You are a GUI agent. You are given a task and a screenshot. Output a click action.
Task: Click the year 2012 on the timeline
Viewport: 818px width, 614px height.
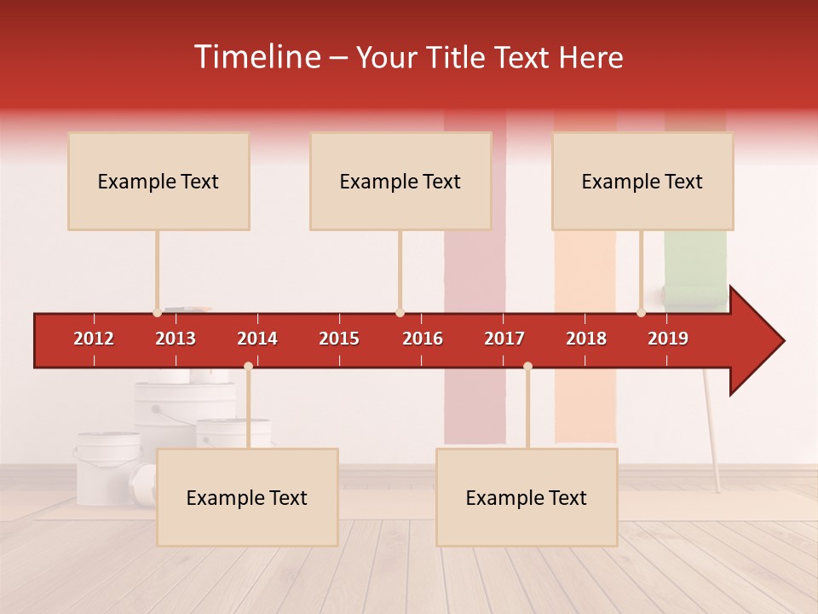pyautogui.click(x=94, y=339)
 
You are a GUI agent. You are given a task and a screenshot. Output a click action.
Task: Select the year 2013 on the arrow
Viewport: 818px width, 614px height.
pyautogui.click(x=176, y=339)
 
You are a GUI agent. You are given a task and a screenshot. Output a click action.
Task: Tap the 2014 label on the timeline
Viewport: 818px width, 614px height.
pyautogui.click(x=257, y=339)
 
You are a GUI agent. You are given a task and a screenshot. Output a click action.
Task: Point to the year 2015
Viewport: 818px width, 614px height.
pyautogui.click(x=339, y=339)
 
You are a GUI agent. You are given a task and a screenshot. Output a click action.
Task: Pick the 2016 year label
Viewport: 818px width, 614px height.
pyautogui.click(x=423, y=339)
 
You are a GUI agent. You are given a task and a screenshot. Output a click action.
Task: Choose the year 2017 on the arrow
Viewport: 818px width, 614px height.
pyautogui.click(x=504, y=339)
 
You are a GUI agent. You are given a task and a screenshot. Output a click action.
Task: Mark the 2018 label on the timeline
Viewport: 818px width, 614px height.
pyautogui.click(x=586, y=339)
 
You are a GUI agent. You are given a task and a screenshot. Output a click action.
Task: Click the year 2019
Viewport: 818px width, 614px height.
pyautogui.click(x=668, y=339)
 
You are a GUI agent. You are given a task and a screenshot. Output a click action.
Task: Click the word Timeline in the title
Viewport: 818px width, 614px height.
pyautogui.click(x=256, y=57)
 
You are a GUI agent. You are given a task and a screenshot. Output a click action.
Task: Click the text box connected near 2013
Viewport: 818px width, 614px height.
pyautogui.click(x=158, y=181)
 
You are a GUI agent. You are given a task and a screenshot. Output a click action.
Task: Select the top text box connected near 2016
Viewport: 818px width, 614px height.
pyautogui.click(x=400, y=181)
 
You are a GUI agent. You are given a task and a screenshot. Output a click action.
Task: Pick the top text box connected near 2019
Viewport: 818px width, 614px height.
pyautogui.click(x=642, y=181)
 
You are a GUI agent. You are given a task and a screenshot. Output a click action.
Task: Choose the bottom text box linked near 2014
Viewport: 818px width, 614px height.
pyautogui.click(x=247, y=497)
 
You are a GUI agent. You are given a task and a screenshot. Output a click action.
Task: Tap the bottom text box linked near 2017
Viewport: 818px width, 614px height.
pyautogui.click(x=527, y=497)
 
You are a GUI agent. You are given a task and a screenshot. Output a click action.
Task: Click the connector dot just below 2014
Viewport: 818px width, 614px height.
pyautogui.click(x=248, y=367)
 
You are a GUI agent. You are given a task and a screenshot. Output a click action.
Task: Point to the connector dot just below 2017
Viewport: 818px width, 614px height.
pyautogui.click(x=527, y=367)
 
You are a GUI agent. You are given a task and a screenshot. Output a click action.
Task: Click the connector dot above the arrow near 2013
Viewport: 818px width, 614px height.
pyautogui.click(x=157, y=313)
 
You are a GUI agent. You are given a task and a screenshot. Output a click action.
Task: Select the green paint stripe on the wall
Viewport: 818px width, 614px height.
pyautogui.click(x=695, y=256)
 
